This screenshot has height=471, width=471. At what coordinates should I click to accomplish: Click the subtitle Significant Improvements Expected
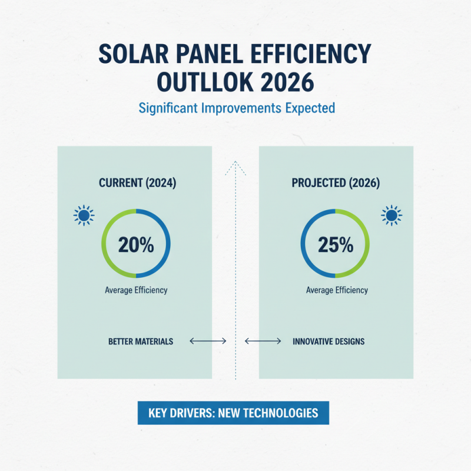[x=236, y=108]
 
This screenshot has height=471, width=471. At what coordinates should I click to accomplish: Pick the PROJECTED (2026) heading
[x=336, y=183]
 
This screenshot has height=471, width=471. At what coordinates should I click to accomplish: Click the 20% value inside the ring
[x=136, y=244]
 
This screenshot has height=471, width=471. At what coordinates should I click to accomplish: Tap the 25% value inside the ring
[x=336, y=244]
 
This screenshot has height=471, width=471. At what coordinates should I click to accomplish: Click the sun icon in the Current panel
[x=84, y=215]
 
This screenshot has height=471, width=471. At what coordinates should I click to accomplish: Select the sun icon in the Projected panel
[x=391, y=215]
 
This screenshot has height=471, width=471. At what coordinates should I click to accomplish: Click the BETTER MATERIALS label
[x=141, y=341]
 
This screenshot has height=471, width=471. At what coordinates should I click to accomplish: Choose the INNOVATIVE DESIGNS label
[x=329, y=341]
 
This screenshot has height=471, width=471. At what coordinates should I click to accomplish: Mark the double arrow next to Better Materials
[x=208, y=341]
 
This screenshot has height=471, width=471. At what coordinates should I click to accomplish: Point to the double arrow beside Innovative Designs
[x=263, y=341]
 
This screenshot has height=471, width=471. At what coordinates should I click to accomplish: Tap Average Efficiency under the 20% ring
[x=136, y=290]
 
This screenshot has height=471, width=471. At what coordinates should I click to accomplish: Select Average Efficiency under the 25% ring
[x=337, y=290]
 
